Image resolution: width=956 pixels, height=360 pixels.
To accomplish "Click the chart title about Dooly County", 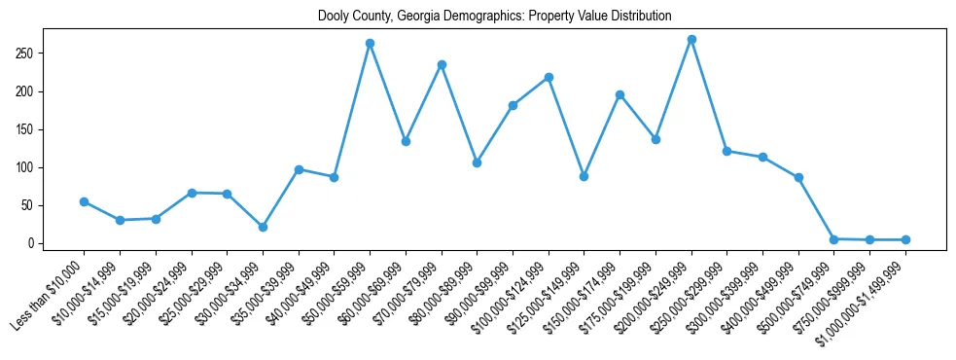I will (494, 17).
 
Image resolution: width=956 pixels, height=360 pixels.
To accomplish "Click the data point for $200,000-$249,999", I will (691, 40).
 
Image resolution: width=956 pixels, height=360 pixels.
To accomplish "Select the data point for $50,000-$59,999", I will (370, 43).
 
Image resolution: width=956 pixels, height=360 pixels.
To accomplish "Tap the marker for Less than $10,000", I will (84, 201).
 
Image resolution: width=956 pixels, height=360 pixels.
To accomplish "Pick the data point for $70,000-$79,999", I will (442, 64).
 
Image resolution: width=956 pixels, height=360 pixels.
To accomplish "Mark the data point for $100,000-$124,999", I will (549, 77).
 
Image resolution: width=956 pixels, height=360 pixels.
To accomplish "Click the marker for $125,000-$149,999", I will (584, 176).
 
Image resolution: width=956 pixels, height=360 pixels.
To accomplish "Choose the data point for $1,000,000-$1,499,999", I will (905, 239).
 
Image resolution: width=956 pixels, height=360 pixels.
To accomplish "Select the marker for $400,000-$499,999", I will (798, 177).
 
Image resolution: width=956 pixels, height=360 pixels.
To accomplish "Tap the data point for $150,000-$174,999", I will (620, 94).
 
